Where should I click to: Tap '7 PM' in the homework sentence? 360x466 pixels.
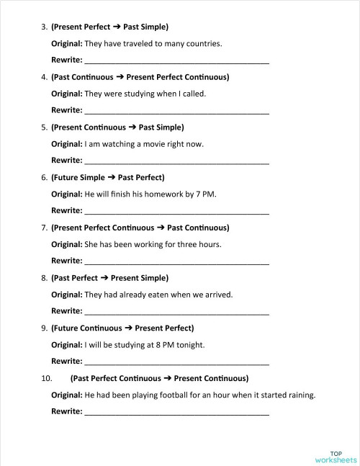(x=206, y=194)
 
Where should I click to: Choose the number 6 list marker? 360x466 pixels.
(x=44, y=177)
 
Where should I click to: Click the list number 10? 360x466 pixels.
(x=47, y=378)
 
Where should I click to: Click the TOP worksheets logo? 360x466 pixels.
(x=335, y=457)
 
